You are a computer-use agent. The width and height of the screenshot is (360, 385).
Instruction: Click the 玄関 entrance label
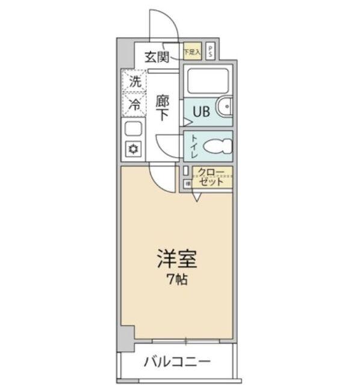click(156, 58)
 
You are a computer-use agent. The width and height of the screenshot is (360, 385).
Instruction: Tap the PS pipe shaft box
click(209, 52)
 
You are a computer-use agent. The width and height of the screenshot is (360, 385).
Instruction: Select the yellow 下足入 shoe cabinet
click(191, 52)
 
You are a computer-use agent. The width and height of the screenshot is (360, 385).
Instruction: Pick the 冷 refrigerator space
click(135, 103)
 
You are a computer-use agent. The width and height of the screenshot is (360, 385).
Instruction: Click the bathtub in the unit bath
click(207, 81)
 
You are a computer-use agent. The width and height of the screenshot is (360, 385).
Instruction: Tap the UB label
click(201, 111)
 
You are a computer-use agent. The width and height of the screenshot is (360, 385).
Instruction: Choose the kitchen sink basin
click(133, 128)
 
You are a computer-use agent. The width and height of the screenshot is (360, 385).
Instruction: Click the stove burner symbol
click(133, 149)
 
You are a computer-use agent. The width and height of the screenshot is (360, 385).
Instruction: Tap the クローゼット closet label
click(211, 177)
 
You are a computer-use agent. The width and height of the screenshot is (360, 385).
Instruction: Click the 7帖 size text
click(177, 280)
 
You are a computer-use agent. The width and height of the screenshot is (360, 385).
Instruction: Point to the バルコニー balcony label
click(176, 362)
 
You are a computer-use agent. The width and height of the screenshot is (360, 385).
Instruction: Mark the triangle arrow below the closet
click(197, 197)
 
